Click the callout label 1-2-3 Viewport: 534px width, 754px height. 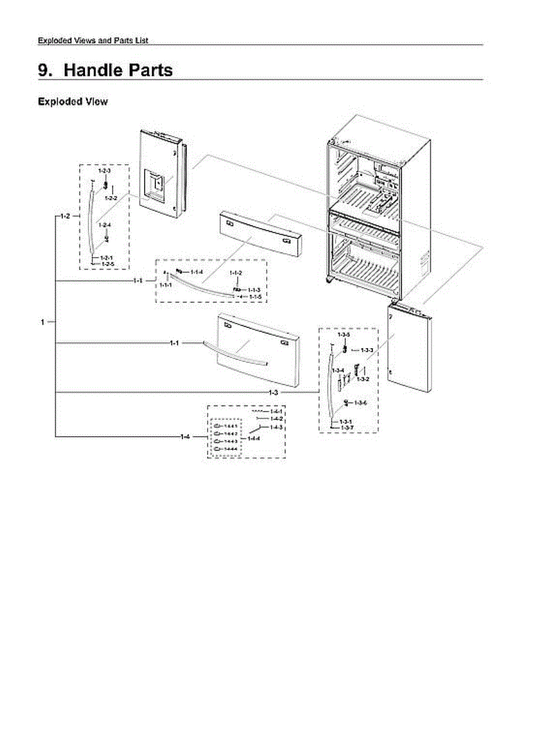point(104,171)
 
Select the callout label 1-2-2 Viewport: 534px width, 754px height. point(111,198)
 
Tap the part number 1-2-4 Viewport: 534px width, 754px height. point(104,225)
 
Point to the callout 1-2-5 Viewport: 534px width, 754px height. point(107,265)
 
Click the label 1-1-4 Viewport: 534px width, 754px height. point(197,271)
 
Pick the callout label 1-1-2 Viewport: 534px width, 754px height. point(236,272)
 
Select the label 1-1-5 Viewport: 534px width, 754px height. point(255,296)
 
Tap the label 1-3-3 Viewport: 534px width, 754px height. point(367,350)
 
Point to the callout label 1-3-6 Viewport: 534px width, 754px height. point(360,403)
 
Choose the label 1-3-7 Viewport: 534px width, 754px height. point(347,428)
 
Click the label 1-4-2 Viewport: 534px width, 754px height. point(276,418)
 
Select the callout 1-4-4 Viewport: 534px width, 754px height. point(254,438)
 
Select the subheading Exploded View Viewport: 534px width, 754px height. point(72,101)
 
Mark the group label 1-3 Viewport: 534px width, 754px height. point(273,393)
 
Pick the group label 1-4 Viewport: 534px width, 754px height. point(184,436)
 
